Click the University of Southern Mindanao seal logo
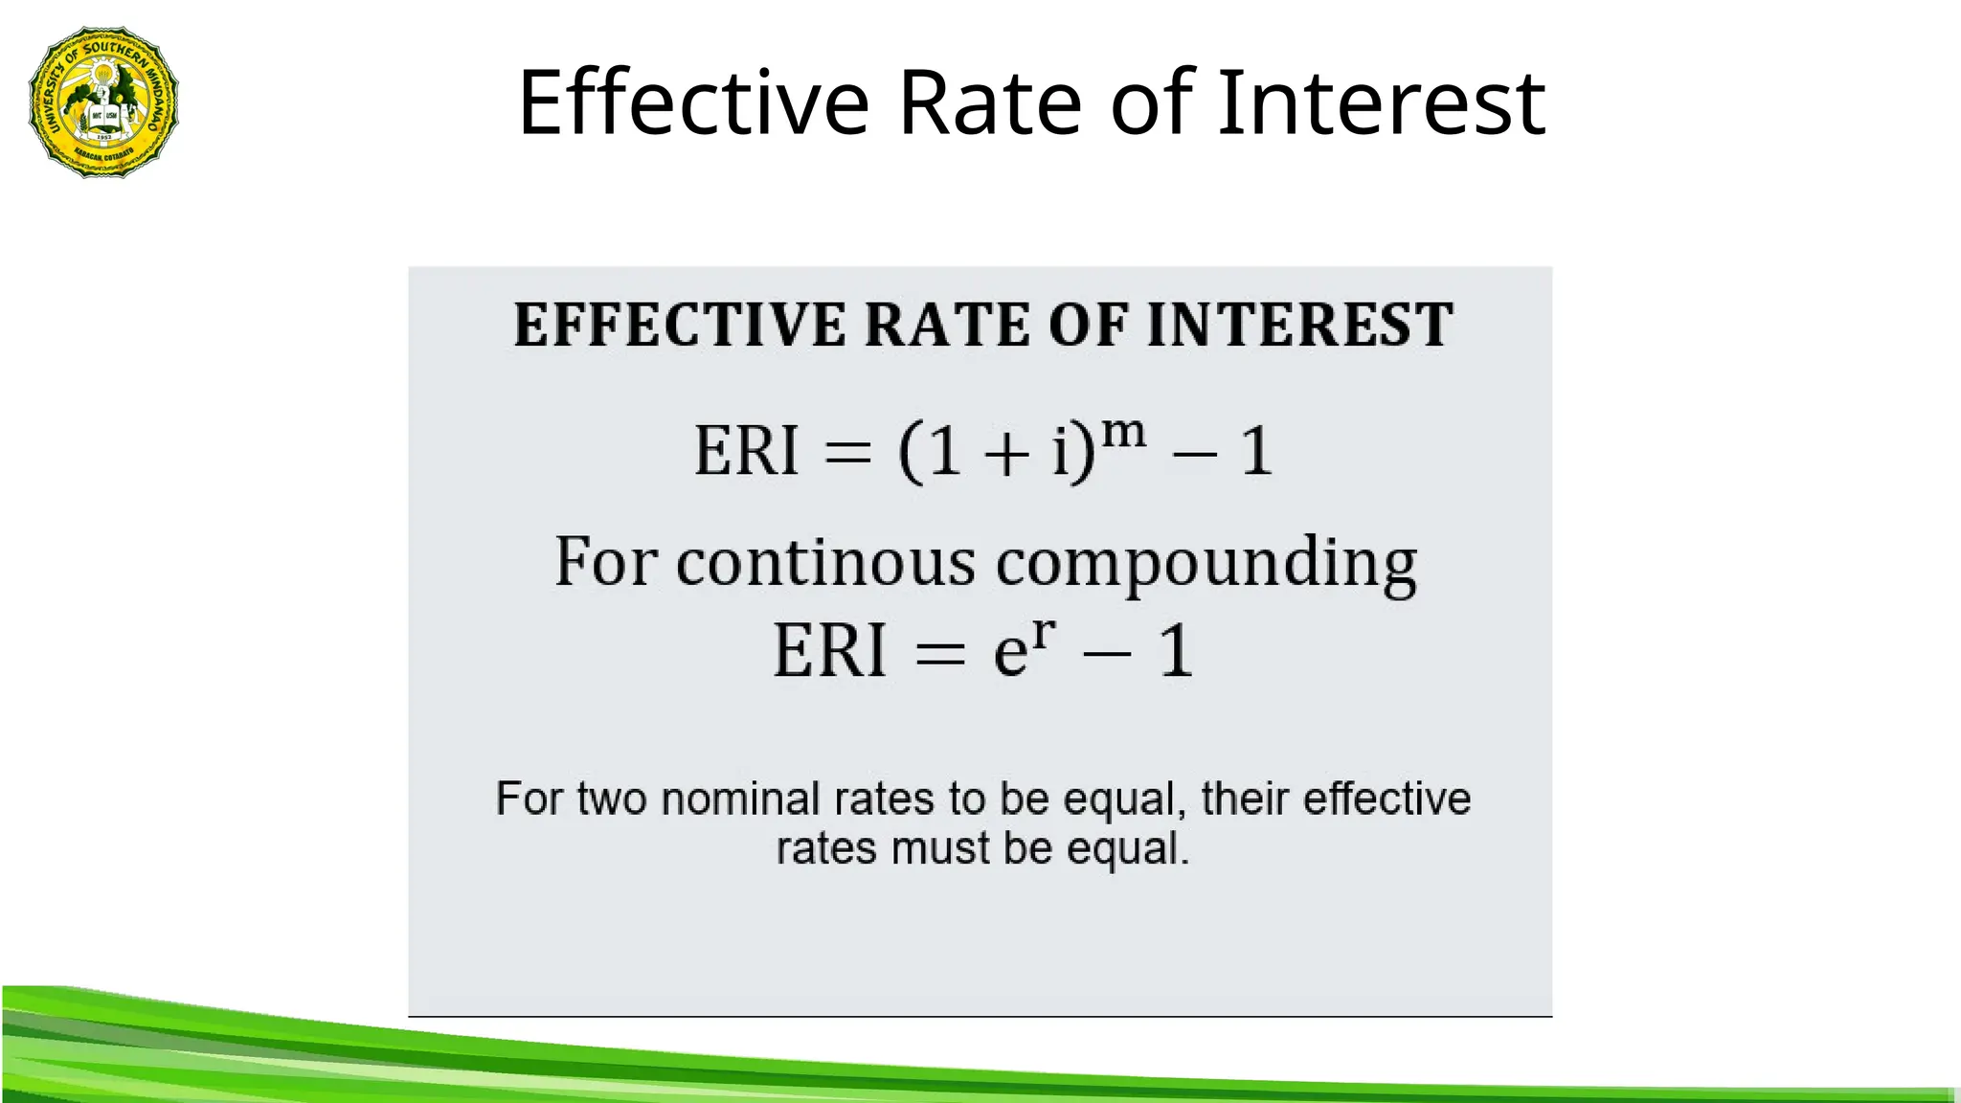pos(103,101)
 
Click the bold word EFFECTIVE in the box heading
pos(680,325)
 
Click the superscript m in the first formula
pos(1123,433)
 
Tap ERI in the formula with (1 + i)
pos(746,451)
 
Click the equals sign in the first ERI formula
pos(848,453)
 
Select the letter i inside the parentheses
pos(1060,451)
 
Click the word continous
pos(825,562)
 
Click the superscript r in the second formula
pos(1044,633)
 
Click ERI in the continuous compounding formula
pos(829,651)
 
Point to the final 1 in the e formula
pos(1177,651)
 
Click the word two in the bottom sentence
pos(612,799)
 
